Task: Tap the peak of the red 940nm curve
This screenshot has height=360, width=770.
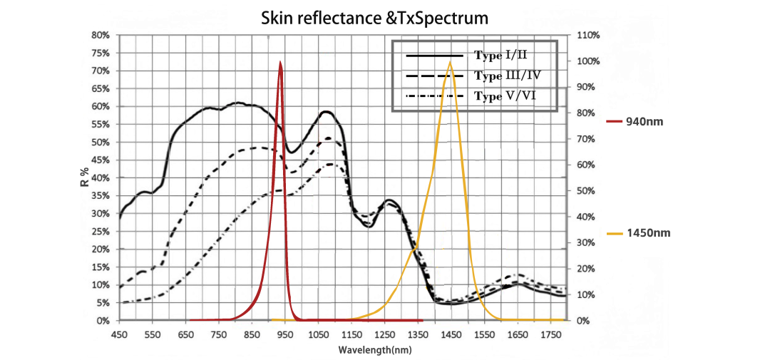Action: tap(280, 63)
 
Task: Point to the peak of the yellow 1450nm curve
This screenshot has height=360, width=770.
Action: tap(450, 63)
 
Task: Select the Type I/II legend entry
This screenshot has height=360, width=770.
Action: tap(500, 54)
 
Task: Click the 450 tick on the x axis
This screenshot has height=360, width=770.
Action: tap(119, 334)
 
